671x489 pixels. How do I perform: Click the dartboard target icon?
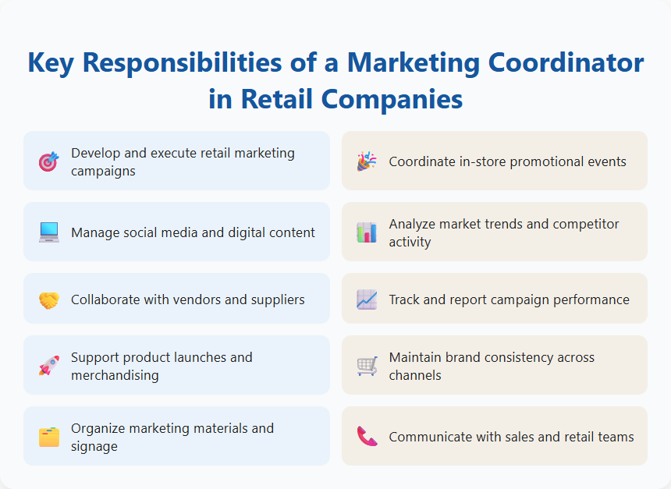click(x=48, y=161)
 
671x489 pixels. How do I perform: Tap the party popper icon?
click(x=367, y=161)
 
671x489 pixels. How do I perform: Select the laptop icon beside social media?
click(x=48, y=232)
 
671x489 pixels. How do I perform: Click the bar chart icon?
click(x=367, y=232)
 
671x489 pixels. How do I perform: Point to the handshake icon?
click(x=48, y=299)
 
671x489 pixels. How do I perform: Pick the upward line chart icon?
click(x=367, y=299)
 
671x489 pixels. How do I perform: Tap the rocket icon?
click(x=48, y=366)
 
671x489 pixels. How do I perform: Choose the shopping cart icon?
click(x=367, y=366)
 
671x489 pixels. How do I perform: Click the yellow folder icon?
click(x=48, y=437)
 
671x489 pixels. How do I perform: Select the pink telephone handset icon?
click(x=367, y=437)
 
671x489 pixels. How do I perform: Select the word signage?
click(x=94, y=446)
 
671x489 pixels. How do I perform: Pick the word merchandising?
click(x=115, y=375)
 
